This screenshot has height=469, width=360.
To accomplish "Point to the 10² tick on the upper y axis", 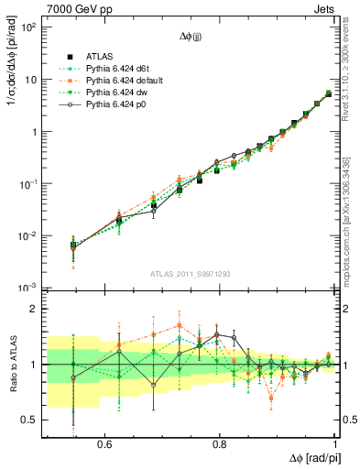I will coord(29,27).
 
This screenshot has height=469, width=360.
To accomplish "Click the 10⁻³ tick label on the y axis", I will coord(29,288).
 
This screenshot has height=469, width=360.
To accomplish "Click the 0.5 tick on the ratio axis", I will coord(32,420).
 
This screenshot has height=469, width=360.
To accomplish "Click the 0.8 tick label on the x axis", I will coord(220,443).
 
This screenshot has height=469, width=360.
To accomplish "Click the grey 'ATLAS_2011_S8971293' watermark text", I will coord(191,274).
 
